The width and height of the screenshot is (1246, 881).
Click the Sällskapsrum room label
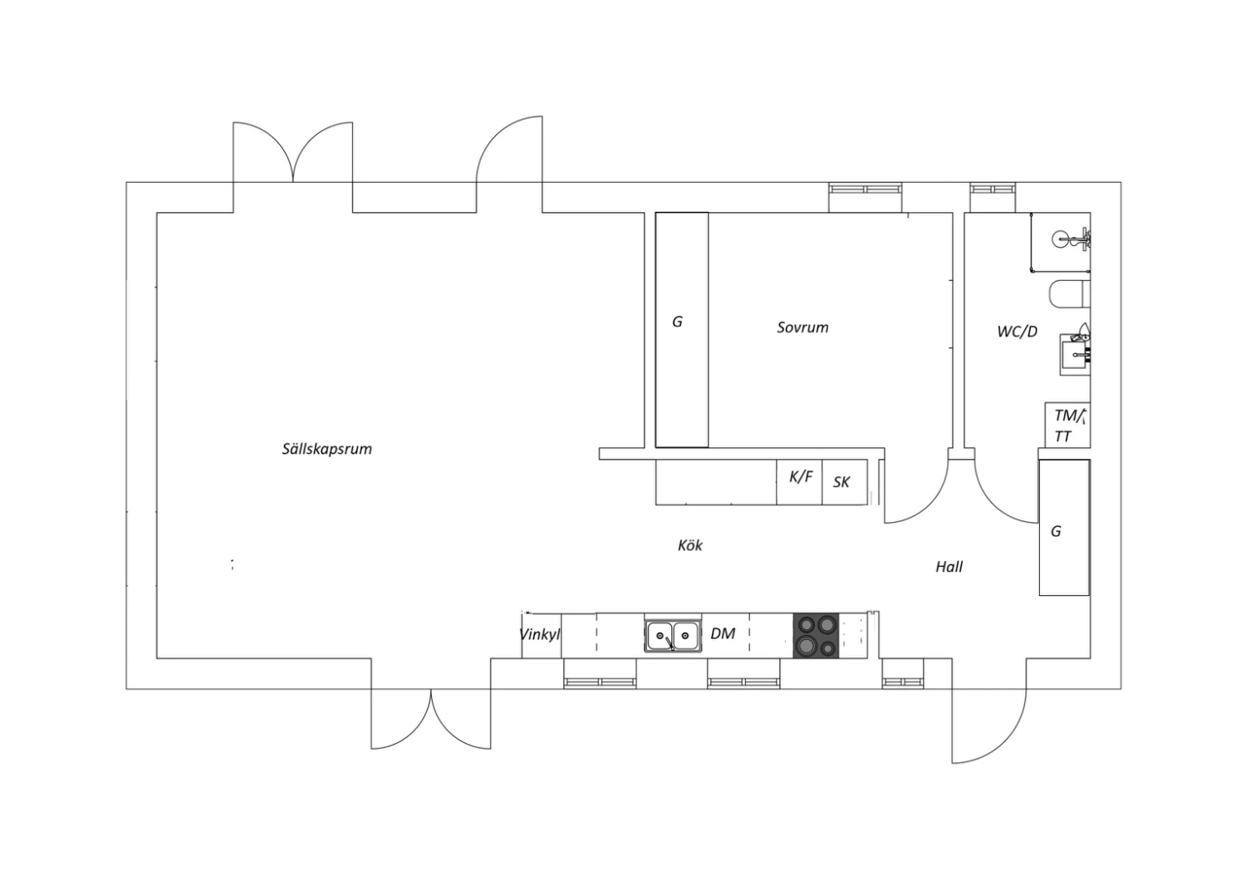pos(326,449)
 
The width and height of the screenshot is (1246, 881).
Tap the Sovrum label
pos(802,327)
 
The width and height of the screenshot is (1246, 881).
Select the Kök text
pos(689,545)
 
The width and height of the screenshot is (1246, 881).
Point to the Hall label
pos(949,567)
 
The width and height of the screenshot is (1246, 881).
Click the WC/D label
pos(1018,332)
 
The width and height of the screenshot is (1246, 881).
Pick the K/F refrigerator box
pos(799,482)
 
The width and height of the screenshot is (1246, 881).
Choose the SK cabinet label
pos(841,482)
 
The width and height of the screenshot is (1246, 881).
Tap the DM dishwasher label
pos(723,633)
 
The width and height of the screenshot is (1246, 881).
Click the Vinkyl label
pos(540,634)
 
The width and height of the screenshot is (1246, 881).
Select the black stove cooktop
pos(816,636)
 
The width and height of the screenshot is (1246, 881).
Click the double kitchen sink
pos(673,636)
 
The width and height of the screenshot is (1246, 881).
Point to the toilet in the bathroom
pos(1070,294)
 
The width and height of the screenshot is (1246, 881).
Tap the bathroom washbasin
pos(1075,355)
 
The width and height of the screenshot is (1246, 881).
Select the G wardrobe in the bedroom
pos(682,329)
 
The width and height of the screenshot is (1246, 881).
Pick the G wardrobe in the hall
pos(1064,528)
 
